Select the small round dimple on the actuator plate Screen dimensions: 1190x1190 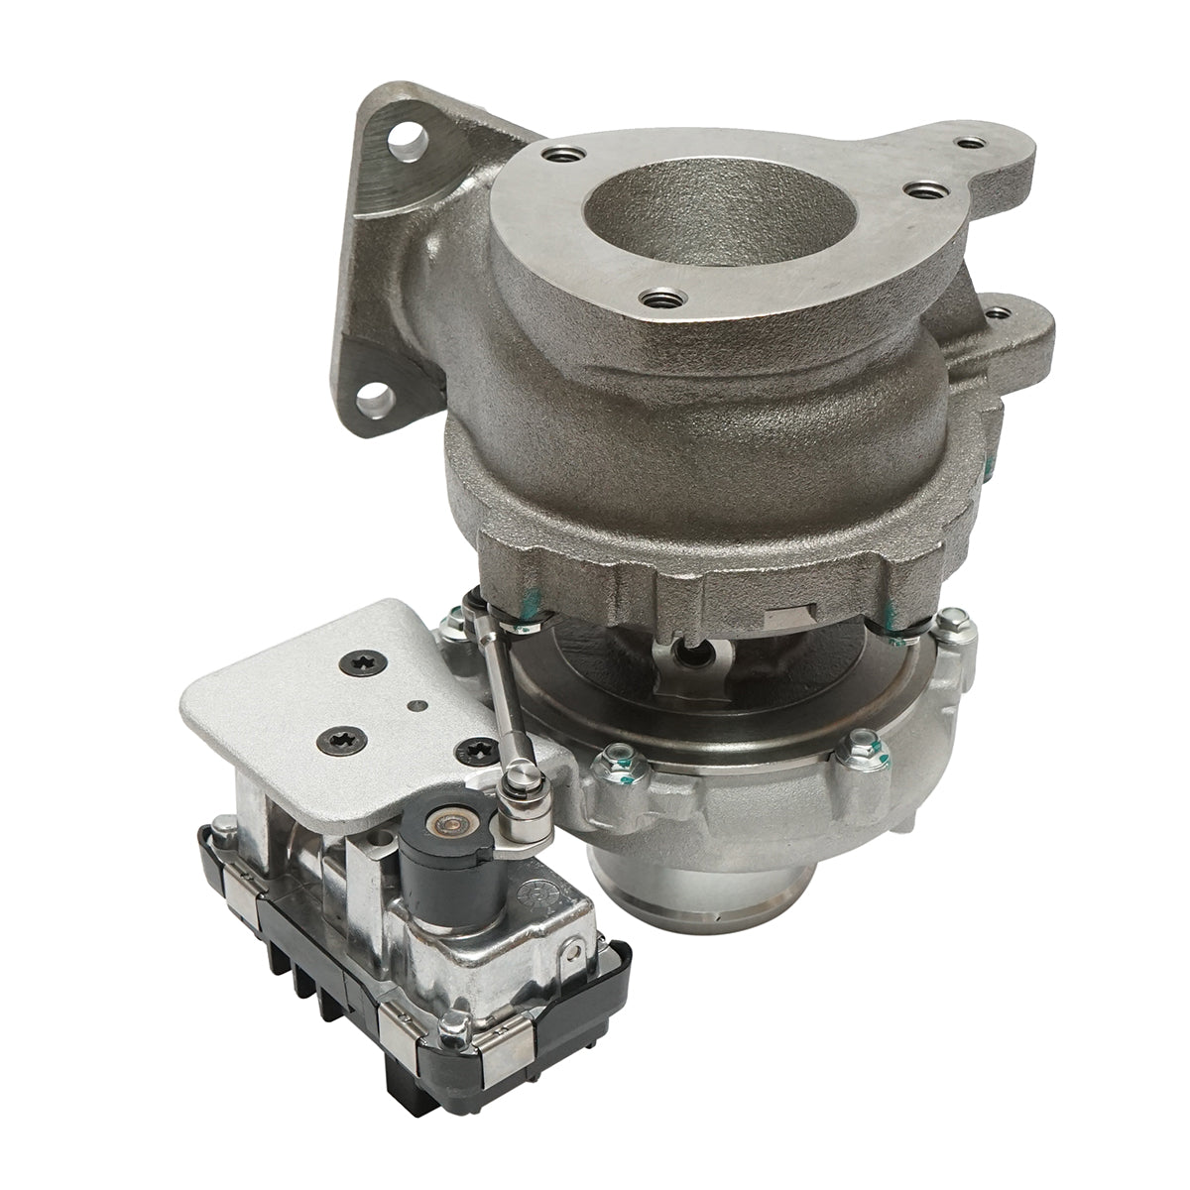pyautogui.click(x=416, y=706)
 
